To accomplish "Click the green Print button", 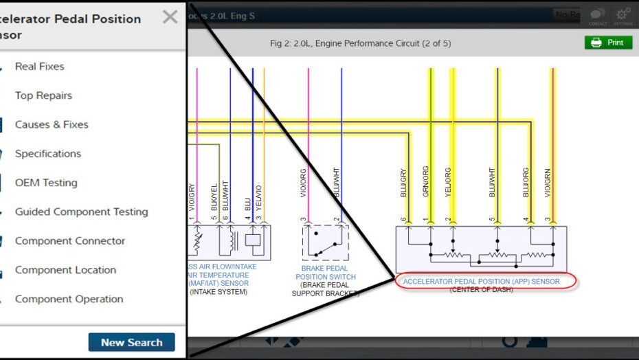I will [x=607, y=43].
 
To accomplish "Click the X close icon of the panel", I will [x=170, y=17].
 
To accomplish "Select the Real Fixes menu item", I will [x=39, y=67].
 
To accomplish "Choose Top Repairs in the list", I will [x=43, y=95].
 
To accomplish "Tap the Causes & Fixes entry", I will [x=52, y=124].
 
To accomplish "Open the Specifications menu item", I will [x=48, y=154].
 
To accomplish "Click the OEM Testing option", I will [x=46, y=183].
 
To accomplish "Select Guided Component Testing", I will [x=81, y=212].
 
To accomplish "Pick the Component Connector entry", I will [x=70, y=241].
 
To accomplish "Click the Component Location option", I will [x=65, y=270].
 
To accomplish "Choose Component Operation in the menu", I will [x=69, y=299].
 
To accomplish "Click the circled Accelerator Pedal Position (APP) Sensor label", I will [x=481, y=282].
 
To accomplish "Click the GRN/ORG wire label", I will [x=426, y=182].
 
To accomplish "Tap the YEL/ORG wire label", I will [x=448, y=182].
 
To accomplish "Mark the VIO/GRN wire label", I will [x=548, y=182].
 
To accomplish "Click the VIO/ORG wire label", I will [x=304, y=184].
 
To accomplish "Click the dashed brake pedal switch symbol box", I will [x=326, y=243].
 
